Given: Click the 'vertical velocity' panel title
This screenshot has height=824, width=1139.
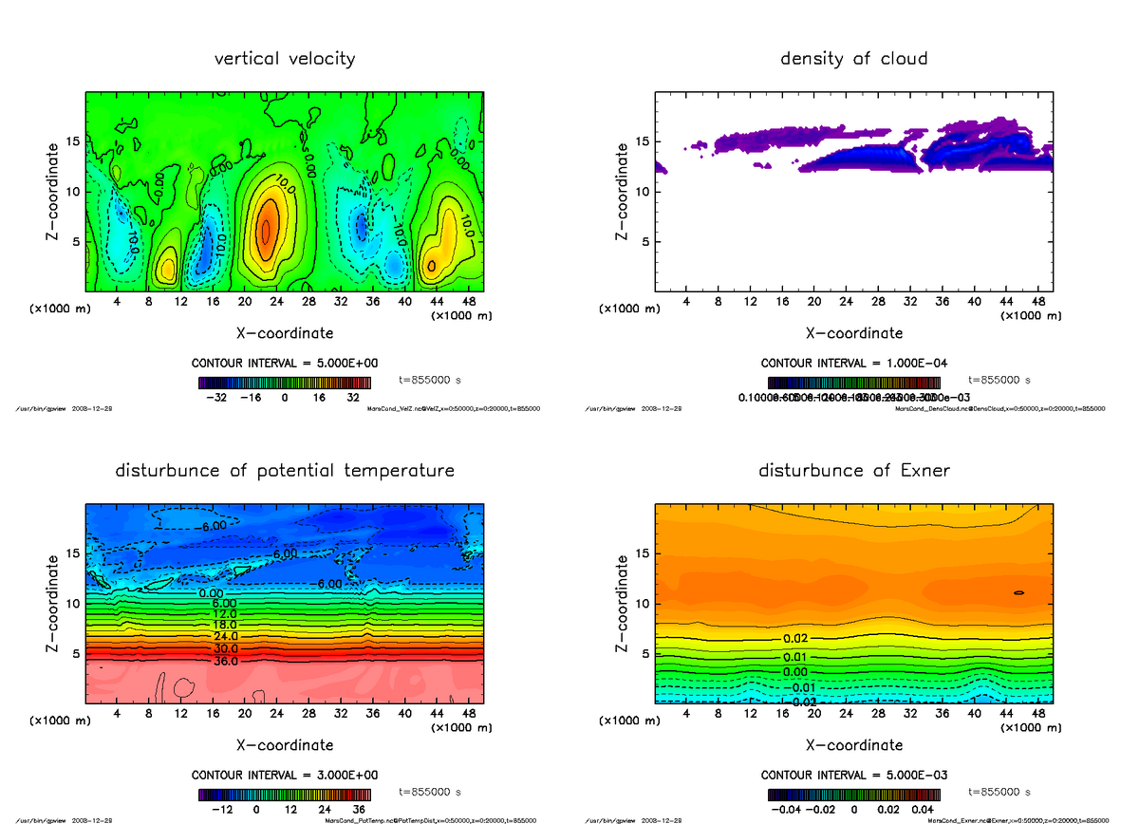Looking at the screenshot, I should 285,59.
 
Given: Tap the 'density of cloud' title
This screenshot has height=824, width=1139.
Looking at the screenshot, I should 853,59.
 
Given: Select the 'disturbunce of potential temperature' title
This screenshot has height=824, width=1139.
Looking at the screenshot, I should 285,471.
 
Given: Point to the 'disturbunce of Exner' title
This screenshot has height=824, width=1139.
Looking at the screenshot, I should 853,471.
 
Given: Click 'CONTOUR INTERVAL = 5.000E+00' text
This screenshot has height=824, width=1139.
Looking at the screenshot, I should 285,364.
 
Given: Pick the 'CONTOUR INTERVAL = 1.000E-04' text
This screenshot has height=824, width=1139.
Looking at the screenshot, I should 854,364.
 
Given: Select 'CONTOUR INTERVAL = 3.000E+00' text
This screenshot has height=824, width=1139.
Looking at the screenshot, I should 285,776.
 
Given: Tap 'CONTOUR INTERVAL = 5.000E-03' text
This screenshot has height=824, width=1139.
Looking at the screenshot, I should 854,776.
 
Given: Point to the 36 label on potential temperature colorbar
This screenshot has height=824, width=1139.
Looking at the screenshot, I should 359,811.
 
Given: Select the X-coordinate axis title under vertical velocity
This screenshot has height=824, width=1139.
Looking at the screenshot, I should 285,333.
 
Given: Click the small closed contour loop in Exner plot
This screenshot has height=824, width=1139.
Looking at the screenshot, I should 1018,592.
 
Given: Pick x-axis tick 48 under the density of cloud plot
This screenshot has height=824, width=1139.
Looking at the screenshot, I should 1038,302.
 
